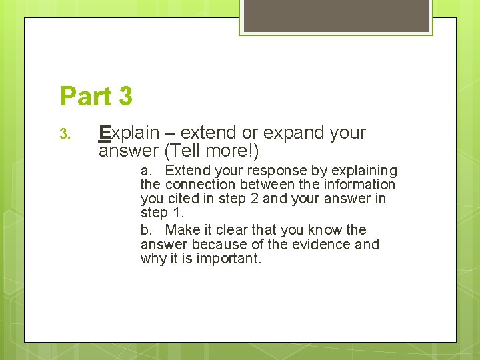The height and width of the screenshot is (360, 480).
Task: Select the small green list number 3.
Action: [x=65, y=135]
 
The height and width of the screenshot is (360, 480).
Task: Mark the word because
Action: [x=217, y=245]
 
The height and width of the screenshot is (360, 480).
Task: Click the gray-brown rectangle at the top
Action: [x=336, y=15]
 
